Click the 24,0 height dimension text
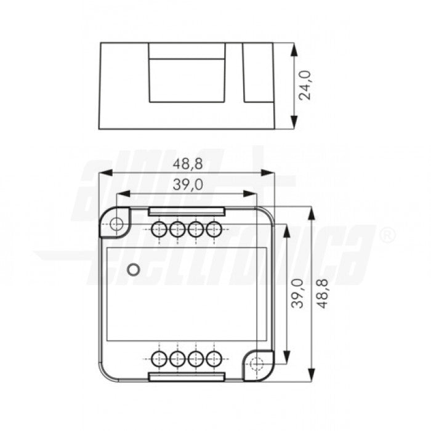click(306, 85)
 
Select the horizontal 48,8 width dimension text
click(188, 164)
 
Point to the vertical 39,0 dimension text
click(296, 294)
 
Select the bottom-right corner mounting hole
click(257, 364)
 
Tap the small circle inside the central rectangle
click(132, 269)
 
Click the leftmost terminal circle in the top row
click(159, 230)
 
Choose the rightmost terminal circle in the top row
click(214, 230)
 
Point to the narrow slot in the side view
click(251, 73)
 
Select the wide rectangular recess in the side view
click(186, 79)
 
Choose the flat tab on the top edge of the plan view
click(186, 211)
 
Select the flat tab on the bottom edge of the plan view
click(186, 376)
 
